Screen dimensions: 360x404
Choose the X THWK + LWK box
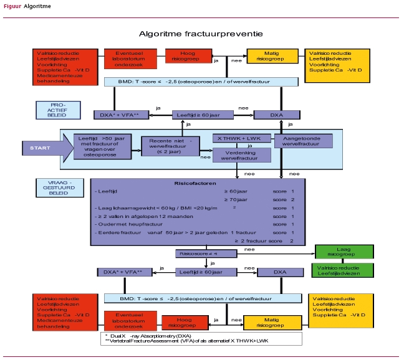241,138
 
